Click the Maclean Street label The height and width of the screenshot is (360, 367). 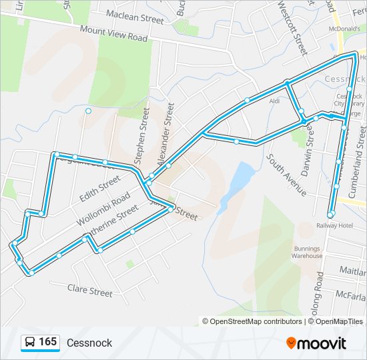134,20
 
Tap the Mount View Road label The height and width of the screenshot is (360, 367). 113,34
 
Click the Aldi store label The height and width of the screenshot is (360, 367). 274,101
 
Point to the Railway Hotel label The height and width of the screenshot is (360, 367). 334,226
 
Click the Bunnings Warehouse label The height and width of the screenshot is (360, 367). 307,252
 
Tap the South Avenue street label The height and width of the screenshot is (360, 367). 287,175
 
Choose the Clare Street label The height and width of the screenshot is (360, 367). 90,291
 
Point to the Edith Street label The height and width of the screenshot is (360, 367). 99,184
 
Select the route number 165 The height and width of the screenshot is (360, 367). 47,342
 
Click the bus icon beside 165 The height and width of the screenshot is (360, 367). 30,343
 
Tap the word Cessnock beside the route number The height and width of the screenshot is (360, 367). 89,343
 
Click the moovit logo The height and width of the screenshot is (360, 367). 316,343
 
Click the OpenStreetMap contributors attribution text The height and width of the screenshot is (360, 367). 256,321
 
